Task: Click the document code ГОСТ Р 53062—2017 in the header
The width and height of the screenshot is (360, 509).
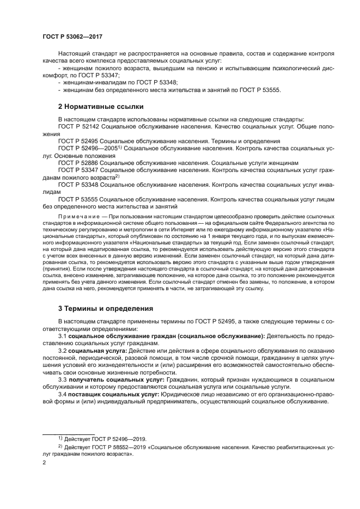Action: point(72,36)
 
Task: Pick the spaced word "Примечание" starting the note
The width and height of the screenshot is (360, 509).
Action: point(77,216)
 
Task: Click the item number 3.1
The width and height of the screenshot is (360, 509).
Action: point(63,336)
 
